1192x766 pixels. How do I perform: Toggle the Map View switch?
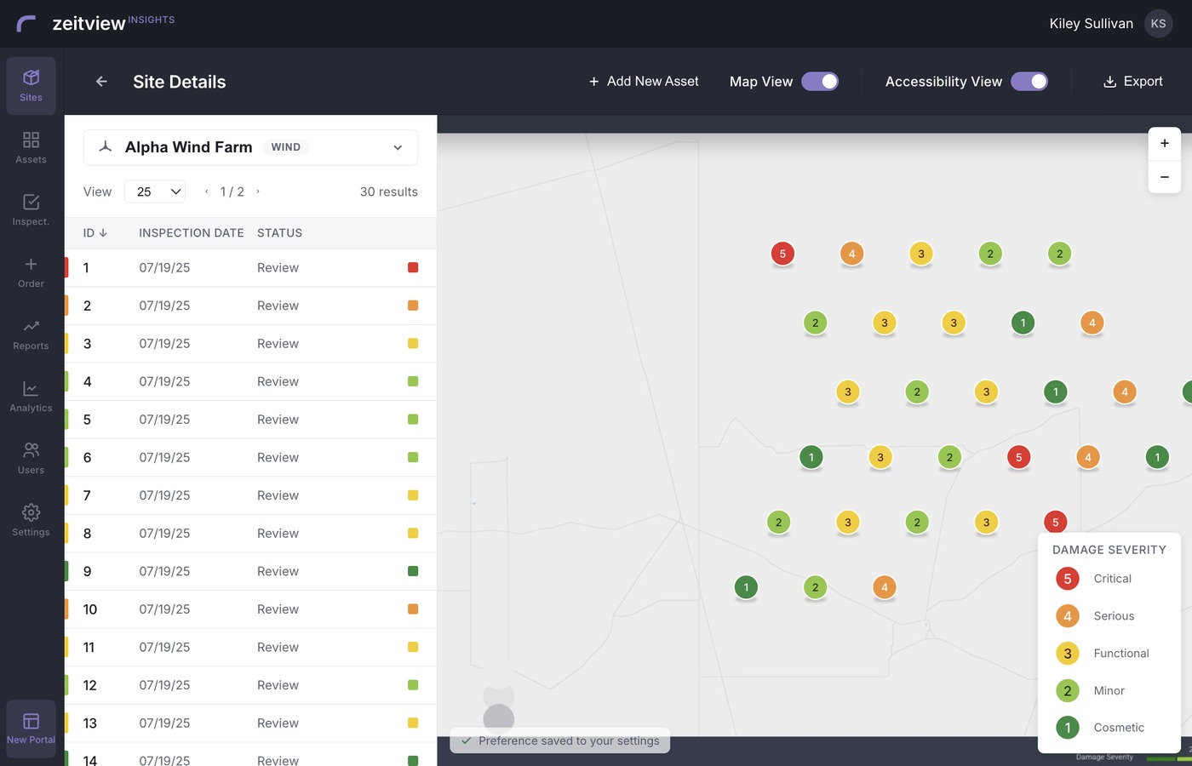coord(819,82)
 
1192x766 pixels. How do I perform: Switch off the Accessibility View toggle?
coord(1029,82)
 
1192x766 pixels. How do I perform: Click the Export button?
coord(1133,82)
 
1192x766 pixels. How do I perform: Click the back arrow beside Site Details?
coord(101,82)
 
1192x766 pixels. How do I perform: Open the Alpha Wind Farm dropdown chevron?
coord(398,147)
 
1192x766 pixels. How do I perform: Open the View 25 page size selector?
coord(155,191)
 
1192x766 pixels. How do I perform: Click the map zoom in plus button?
coord(1165,143)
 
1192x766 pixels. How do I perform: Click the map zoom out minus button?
coord(1165,177)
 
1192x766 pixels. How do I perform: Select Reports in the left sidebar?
coord(31,334)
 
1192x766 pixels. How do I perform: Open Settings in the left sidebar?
coord(31,520)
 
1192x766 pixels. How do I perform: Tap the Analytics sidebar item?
coord(31,397)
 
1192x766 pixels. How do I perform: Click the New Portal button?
coord(31,729)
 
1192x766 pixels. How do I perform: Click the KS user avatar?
coord(1158,24)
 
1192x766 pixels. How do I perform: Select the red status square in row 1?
coord(413,267)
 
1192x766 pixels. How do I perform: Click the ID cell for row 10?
coord(90,609)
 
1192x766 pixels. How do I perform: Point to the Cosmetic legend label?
coord(1119,727)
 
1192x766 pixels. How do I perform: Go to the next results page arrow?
coord(258,191)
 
